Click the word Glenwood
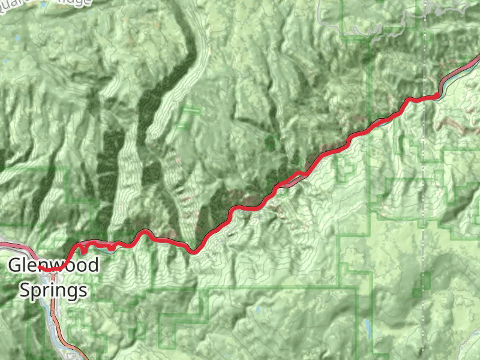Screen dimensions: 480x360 pos(53,266)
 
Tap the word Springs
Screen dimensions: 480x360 pos(53,291)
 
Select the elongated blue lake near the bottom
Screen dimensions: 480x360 pos(367,328)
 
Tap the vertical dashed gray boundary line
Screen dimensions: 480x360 pos(424,180)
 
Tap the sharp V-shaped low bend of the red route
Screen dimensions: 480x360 pos(193,251)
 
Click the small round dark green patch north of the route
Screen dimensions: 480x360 pos(271,142)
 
